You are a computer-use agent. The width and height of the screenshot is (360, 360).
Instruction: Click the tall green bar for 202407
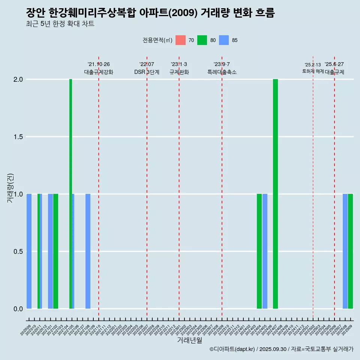coord(275,194)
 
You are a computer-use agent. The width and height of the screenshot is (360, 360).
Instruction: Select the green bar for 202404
coord(259,251)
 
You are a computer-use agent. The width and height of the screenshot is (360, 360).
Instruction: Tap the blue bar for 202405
coord(265,251)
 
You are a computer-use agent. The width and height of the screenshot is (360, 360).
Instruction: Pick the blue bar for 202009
coord(29,251)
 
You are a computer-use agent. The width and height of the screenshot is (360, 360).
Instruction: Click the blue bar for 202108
coord(88,251)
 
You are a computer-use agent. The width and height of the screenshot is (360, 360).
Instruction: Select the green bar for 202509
coord(351,251)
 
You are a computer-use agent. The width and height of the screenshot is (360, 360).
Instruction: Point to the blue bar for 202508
coord(345,251)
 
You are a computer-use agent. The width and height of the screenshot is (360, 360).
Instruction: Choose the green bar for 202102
coord(55,251)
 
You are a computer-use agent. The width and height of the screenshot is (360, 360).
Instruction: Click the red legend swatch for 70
coord(180,40)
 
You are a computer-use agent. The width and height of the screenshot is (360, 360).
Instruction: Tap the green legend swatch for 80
coord(202,40)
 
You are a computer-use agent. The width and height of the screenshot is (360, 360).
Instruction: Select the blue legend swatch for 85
coord(224,40)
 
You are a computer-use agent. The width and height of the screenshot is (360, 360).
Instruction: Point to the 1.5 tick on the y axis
coord(18,137)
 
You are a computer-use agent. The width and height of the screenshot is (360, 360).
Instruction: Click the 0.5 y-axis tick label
coord(18,252)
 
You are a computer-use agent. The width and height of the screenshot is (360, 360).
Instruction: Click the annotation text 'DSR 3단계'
coord(147,72)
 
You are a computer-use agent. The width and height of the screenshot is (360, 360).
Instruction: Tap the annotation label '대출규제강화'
coord(99,72)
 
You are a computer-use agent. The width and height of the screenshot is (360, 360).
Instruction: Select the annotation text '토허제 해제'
coord(313,71)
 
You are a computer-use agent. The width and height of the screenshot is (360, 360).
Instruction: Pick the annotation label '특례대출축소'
coord(222,72)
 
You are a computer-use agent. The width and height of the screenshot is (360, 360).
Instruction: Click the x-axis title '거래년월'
coord(189,340)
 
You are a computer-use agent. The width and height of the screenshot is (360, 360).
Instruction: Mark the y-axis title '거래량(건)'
coord(10,188)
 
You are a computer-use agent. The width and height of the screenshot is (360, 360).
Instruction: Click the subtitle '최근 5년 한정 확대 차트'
coord(60,24)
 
